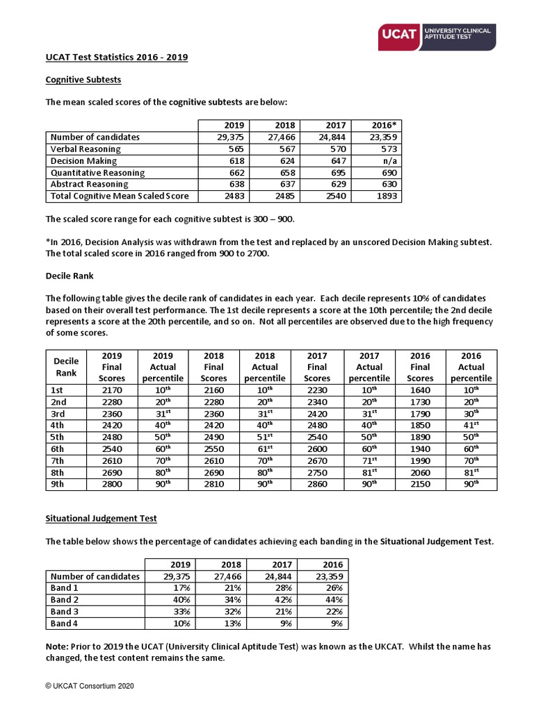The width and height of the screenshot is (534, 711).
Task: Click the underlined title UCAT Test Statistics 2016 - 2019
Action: tap(117, 57)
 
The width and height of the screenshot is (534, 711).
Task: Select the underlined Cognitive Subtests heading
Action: tap(83, 80)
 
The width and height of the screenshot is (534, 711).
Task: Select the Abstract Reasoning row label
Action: tap(90, 185)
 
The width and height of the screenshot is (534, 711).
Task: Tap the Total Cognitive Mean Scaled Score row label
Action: tap(120, 196)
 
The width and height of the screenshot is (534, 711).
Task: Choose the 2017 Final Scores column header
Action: tap(317, 367)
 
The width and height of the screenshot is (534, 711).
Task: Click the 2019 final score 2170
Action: tap(111, 391)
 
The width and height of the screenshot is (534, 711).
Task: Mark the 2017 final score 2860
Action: tap(317, 484)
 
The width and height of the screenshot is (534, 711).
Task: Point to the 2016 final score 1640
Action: tap(420, 391)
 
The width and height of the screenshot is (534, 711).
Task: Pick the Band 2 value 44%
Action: tap(334, 600)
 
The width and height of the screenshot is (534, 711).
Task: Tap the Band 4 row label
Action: tap(65, 624)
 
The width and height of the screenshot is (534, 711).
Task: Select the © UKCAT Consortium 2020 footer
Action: tap(90, 686)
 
